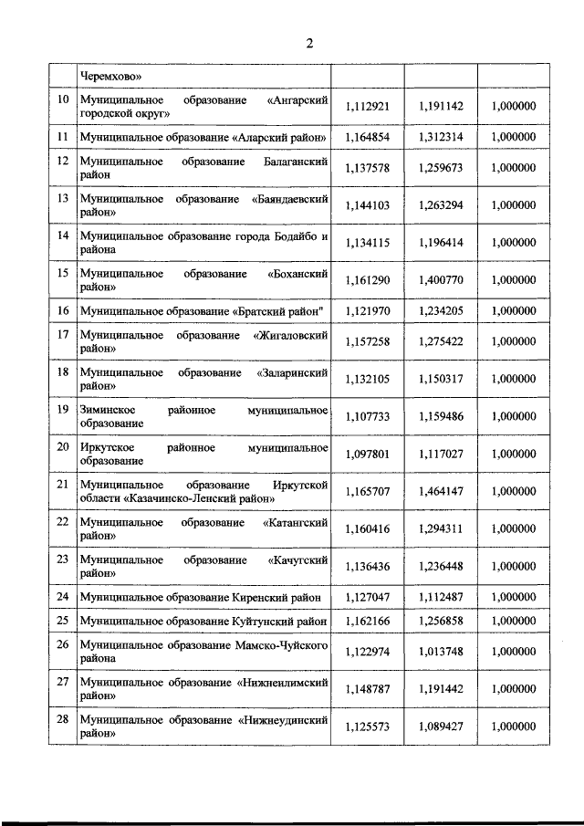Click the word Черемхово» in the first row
coord(110,77)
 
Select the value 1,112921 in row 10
coord(368,106)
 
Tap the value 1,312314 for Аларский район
coord(441,137)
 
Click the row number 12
coord(63,161)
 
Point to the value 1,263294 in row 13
coord(441,205)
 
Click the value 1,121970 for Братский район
coord(368,311)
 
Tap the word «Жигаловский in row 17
coord(291,334)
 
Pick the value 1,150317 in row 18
coord(441,380)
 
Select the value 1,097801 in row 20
coord(368,454)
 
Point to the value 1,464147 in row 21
coord(441,491)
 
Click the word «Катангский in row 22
coord(295,522)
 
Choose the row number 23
coord(63,559)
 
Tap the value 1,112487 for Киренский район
coord(441,597)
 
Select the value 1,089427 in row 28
coord(441,727)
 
